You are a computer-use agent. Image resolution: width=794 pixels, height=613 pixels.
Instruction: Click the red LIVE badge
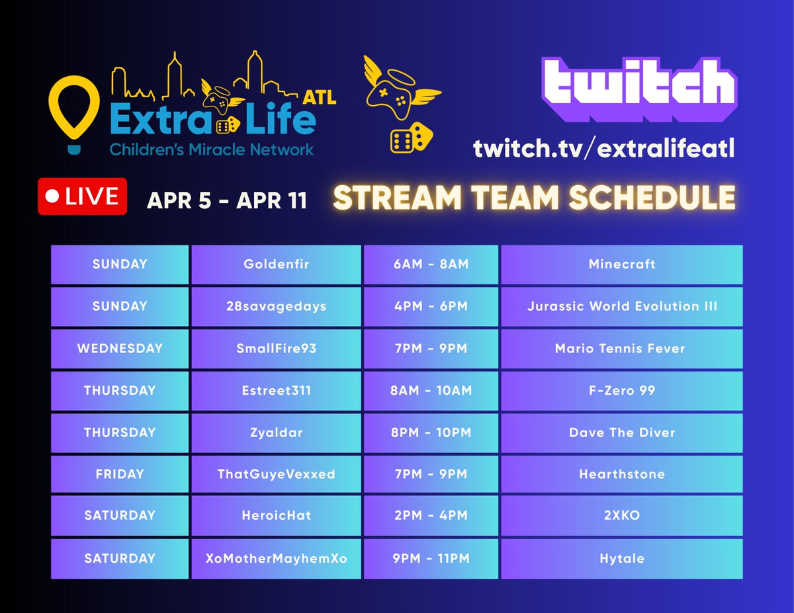click(82, 196)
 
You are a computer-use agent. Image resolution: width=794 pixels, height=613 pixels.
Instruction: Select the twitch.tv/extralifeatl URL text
click(603, 149)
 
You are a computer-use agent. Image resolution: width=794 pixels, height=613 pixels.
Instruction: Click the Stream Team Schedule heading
click(534, 198)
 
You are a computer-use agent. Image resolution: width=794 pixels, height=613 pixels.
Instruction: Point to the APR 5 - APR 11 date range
click(227, 200)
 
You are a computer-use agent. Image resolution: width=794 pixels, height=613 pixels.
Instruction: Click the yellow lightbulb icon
click(74, 109)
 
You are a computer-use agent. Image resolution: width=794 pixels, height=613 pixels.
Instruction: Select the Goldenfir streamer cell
click(276, 265)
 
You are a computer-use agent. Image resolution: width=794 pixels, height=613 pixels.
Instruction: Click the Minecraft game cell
click(621, 265)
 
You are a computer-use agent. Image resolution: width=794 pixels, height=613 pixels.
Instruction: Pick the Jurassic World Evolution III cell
click(621, 306)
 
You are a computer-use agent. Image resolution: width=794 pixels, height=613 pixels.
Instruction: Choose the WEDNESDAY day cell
click(120, 348)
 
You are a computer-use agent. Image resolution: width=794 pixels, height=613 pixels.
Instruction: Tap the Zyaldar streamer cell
click(276, 432)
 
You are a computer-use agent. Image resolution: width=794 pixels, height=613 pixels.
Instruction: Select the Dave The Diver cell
click(621, 432)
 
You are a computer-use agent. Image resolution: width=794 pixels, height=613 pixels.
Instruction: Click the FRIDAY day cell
click(120, 474)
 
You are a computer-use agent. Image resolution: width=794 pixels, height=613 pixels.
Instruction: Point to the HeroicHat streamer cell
click(276, 516)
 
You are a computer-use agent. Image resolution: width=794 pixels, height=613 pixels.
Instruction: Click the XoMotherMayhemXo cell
click(276, 558)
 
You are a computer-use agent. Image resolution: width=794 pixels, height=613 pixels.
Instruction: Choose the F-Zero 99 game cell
click(621, 391)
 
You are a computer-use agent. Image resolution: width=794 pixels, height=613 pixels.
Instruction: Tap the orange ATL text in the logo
click(320, 98)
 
